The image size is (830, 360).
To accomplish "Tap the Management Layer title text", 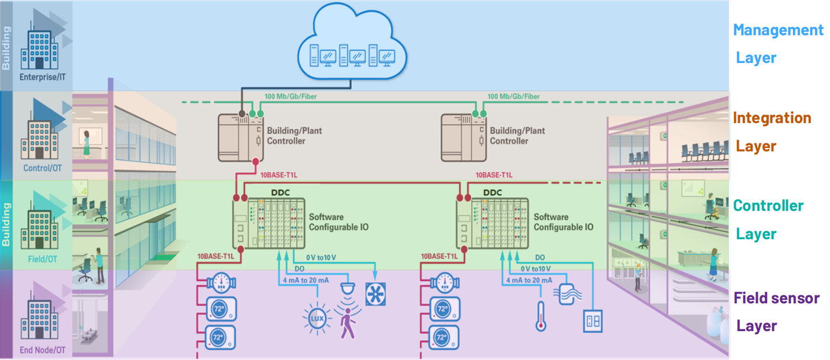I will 778,43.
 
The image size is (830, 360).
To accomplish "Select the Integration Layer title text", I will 772,132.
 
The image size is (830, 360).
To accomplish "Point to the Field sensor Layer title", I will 776,311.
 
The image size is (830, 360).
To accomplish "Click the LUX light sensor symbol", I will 317,318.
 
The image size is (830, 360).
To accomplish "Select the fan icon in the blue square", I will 375,294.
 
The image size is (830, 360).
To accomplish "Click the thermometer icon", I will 541,316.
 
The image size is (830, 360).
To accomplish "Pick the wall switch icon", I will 592,321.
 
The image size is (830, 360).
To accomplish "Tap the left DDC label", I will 280,192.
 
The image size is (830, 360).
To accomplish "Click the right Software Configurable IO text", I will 563,222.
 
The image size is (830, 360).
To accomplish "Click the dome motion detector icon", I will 348,287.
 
